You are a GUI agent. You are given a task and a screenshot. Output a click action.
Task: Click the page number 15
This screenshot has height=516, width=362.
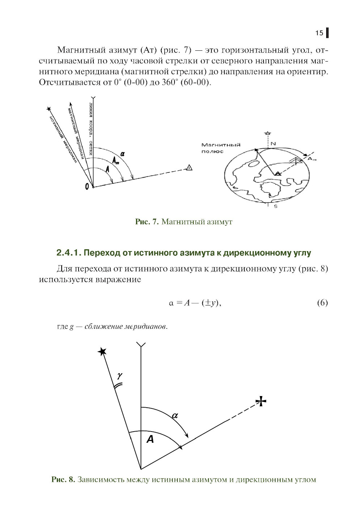[319, 33]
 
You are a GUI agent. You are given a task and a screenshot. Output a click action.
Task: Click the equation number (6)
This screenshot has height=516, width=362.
[322, 303]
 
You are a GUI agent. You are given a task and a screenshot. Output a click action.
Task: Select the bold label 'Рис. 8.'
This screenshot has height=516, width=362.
[63, 480]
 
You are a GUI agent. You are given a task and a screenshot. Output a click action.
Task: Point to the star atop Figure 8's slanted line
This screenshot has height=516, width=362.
[102, 351]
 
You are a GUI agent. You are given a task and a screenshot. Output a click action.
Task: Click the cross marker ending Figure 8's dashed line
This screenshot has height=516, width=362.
[261, 401]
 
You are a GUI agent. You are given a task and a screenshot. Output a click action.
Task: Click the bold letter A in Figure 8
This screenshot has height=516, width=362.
[150, 440]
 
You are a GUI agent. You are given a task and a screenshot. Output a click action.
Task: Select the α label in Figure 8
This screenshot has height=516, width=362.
[174, 415]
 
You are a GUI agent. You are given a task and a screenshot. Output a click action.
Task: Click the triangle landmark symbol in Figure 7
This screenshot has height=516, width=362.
[189, 167]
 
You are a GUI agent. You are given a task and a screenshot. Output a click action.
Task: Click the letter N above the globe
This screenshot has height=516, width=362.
[273, 143]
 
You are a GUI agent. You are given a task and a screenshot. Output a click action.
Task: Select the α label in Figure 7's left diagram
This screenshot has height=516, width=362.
[123, 154]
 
